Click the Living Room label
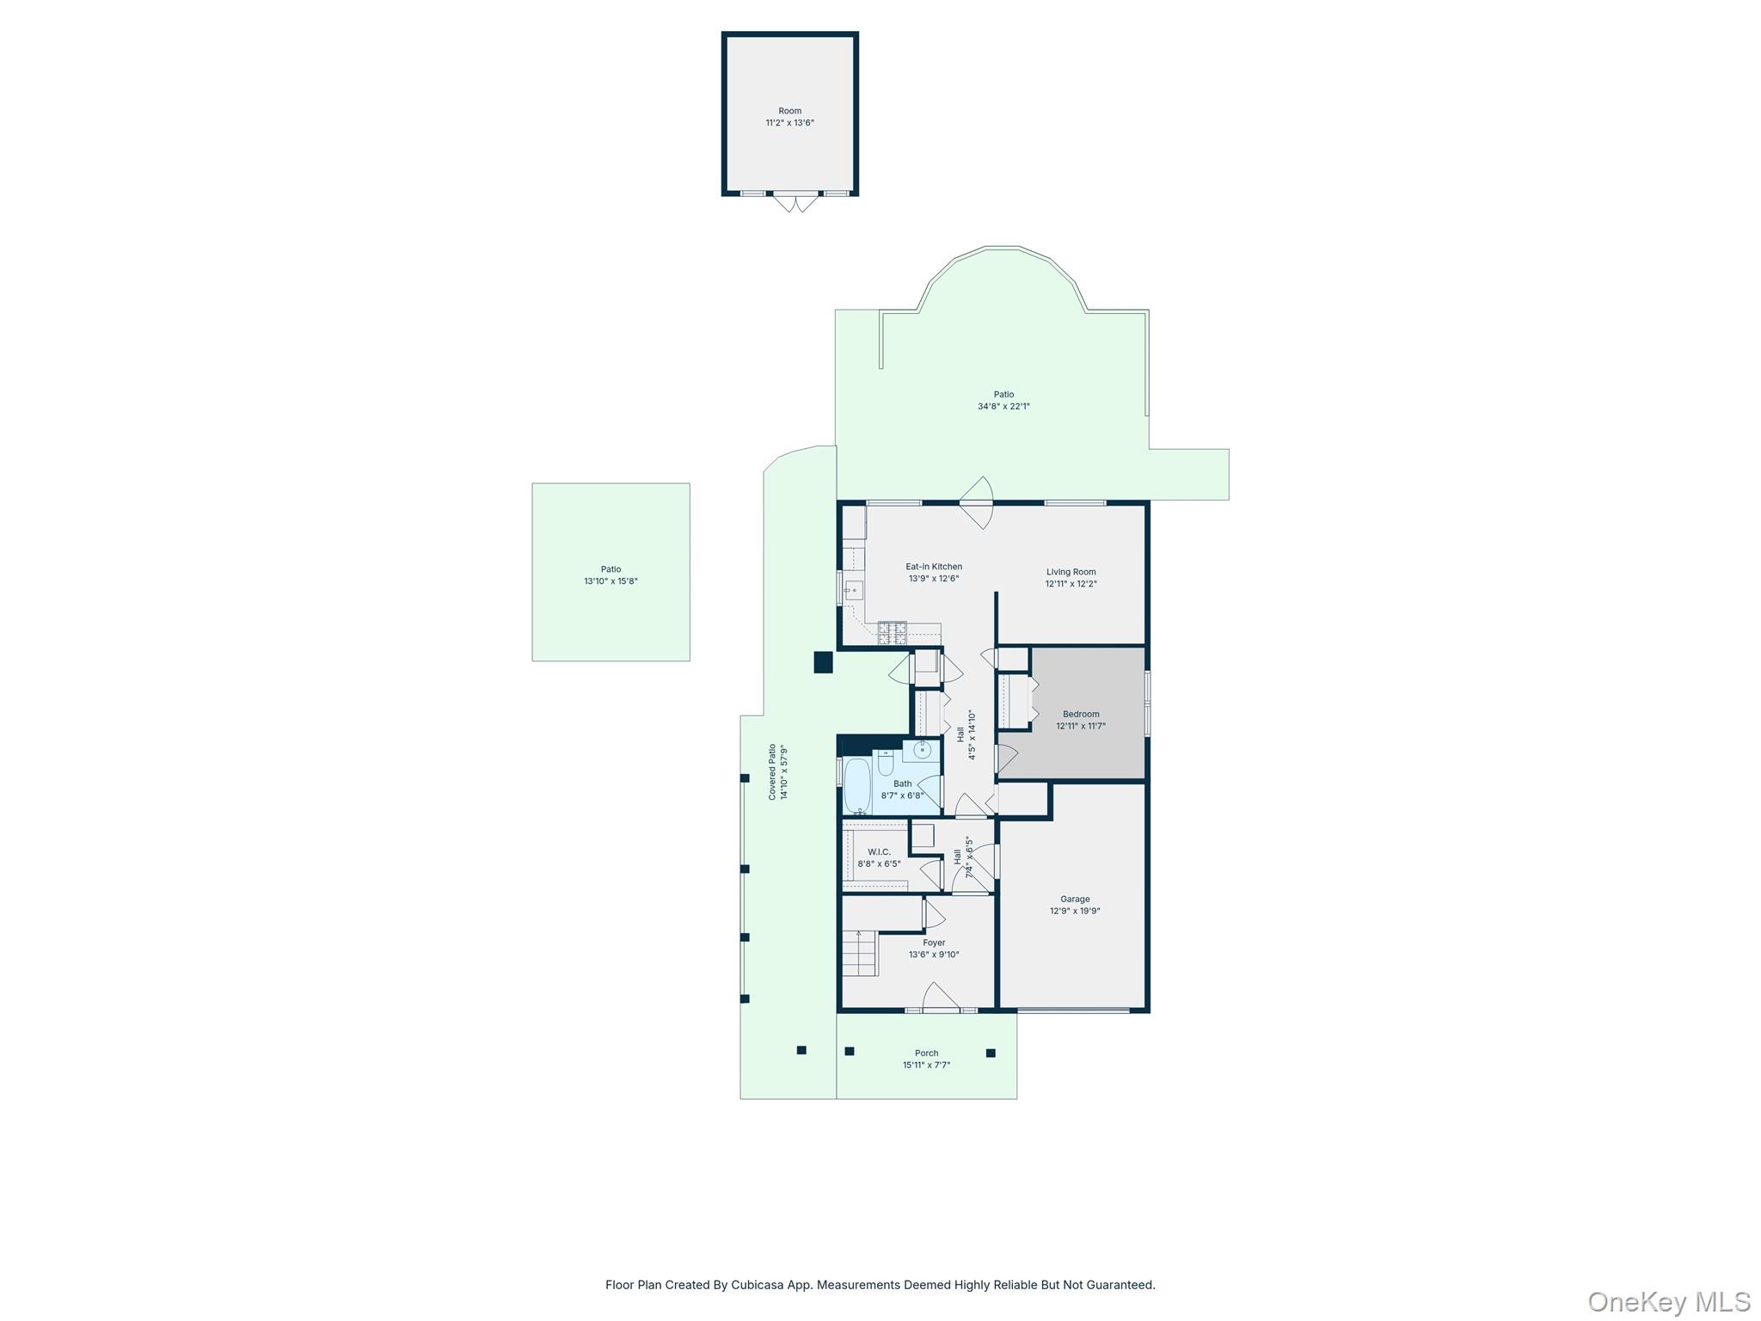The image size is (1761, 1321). [x=1071, y=572]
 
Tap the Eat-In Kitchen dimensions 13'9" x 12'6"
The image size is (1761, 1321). [x=934, y=579]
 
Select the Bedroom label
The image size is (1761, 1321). [x=1081, y=714]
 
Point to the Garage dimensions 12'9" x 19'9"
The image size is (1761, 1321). [x=1075, y=911]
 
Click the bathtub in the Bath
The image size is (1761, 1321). [x=857, y=784]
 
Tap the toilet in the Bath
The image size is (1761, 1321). [x=886, y=763]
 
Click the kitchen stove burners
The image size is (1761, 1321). [x=892, y=633]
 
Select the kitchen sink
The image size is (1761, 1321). [x=854, y=590]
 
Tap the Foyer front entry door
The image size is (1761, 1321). [x=941, y=998]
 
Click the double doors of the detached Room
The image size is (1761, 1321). [x=795, y=203]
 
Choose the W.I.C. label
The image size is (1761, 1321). [x=879, y=852]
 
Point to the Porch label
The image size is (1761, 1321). [x=926, y=1053]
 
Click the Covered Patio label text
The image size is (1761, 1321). [x=772, y=772]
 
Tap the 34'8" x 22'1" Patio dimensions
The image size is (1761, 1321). [x=1003, y=407]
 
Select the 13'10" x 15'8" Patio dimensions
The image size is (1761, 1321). [x=611, y=581]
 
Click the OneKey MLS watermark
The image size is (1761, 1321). [x=1668, y=1301]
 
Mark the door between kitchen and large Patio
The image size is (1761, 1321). [x=978, y=503]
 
